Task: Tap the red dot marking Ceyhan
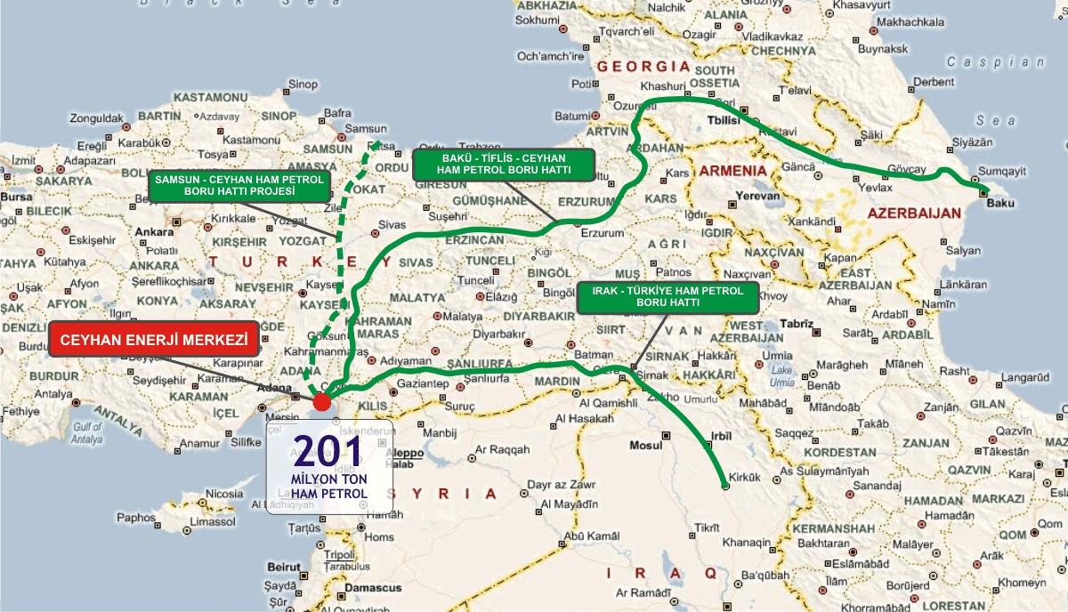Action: [320, 403]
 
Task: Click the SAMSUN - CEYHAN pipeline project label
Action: [240, 184]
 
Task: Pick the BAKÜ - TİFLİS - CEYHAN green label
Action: [503, 163]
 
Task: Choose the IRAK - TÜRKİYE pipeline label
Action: [667, 297]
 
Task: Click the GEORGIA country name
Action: [645, 67]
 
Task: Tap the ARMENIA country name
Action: [732, 169]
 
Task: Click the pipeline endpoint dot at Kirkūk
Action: [726, 487]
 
